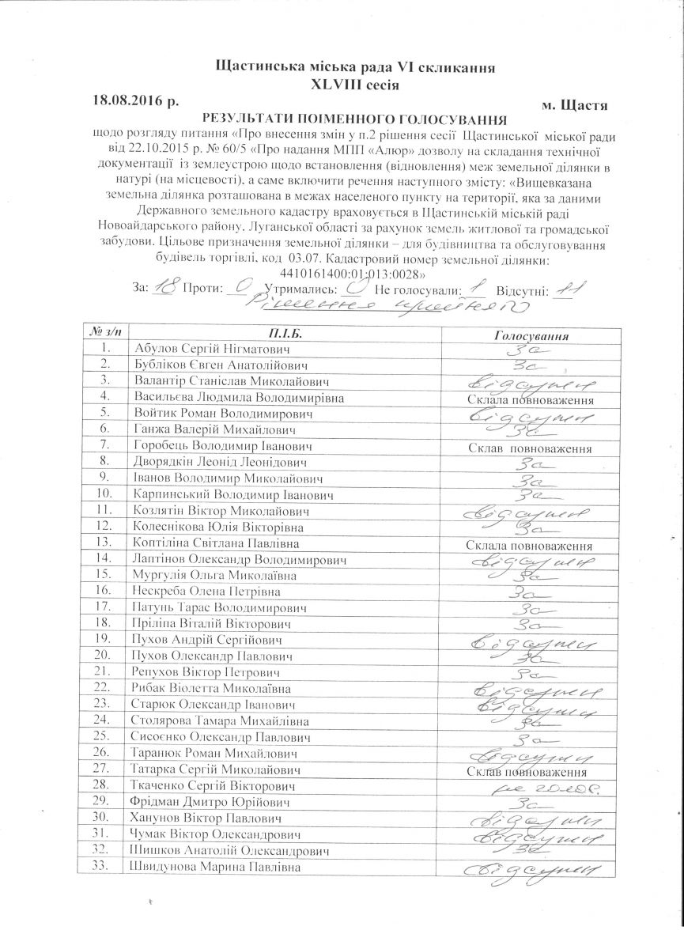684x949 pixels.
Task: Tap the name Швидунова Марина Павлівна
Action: click(x=218, y=867)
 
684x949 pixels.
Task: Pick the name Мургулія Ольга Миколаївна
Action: click(x=212, y=575)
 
